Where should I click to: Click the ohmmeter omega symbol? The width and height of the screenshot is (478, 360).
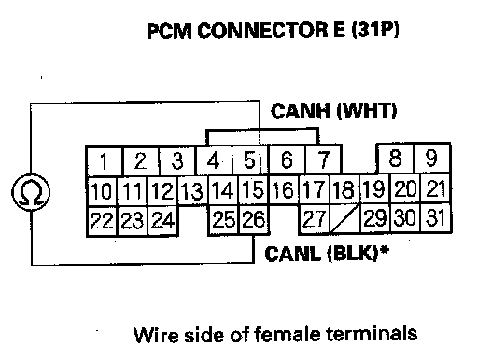click(31, 192)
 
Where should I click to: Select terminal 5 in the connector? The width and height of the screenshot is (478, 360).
click(249, 160)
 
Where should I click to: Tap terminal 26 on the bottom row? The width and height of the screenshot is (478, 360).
click(254, 219)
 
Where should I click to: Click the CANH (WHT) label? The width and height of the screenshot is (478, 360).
click(334, 111)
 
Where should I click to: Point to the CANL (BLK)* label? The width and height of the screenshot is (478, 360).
click(327, 254)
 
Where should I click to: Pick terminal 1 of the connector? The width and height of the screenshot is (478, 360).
click(104, 161)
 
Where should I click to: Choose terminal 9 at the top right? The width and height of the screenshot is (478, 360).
click(432, 158)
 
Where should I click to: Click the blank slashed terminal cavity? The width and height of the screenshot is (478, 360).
click(344, 218)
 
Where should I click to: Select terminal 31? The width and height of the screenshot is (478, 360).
click(435, 217)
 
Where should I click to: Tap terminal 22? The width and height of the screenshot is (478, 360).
click(102, 221)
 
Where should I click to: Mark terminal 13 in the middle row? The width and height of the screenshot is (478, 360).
click(192, 190)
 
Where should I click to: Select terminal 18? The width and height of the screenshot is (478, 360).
click(344, 189)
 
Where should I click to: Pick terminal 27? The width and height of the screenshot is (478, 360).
click(315, 219)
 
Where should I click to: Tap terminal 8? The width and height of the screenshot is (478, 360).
click(395, 158)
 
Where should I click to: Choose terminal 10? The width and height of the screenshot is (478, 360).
click(102, 191)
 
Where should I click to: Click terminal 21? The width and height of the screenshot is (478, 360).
click(435, 188)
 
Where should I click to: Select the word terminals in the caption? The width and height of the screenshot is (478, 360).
click(372, 333)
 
